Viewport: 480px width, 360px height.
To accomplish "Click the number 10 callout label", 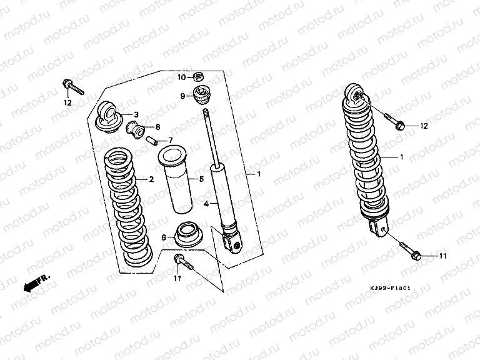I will tap(181, 77).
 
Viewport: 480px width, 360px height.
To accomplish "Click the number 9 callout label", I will tap(183, 96).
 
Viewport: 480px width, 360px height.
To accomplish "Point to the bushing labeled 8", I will tap(136, 130).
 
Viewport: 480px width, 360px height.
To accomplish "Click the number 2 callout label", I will tap(151, 179).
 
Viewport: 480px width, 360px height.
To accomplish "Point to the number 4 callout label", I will tap(205, 203).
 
